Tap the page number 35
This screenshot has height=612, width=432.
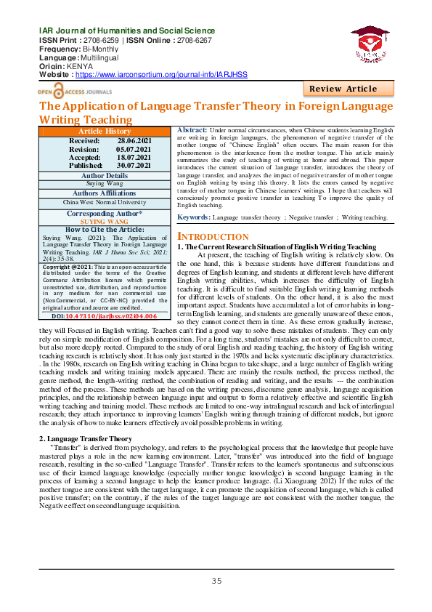point(216,580)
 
